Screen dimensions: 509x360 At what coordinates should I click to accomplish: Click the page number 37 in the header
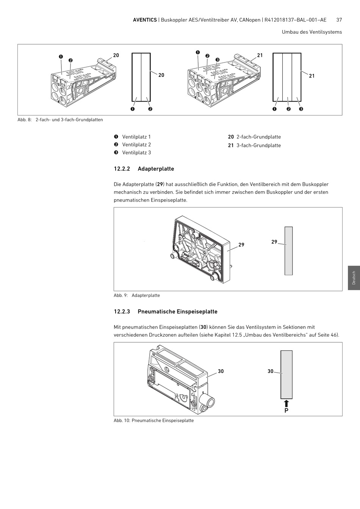pos(339,20)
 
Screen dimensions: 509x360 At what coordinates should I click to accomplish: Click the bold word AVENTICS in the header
pos(145,20)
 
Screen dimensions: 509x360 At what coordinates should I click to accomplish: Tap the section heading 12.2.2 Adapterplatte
pos(144,169)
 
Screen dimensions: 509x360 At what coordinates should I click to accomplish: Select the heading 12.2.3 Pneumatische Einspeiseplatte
pos(166,312)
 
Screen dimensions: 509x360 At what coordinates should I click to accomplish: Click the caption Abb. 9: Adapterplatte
pos(137,295)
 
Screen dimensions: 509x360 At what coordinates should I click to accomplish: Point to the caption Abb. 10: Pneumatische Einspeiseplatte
pos(153,421)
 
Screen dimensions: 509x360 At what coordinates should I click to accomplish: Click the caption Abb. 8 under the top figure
pos(60,120)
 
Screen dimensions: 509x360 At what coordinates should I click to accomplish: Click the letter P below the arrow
pos(286,411)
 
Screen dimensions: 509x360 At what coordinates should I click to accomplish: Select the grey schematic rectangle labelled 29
pos(288,251)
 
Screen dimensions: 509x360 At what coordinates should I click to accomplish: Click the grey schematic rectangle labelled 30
pos(286,374)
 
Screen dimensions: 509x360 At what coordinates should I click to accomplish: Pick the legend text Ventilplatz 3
pos(136,153)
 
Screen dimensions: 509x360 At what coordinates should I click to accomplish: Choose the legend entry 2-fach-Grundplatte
pos(258,137)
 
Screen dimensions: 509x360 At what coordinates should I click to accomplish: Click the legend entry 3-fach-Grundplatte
pos(258,145)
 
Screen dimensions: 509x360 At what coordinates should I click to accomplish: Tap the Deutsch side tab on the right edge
pos(354,278)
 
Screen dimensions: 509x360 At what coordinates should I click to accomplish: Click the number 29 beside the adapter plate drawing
pos(241,245)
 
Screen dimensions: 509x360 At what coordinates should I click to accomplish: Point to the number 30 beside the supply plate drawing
pos(221,372)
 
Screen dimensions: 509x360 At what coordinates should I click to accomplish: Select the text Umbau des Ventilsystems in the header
pos(311,32)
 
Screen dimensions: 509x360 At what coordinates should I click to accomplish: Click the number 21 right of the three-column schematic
pos(311,76)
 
